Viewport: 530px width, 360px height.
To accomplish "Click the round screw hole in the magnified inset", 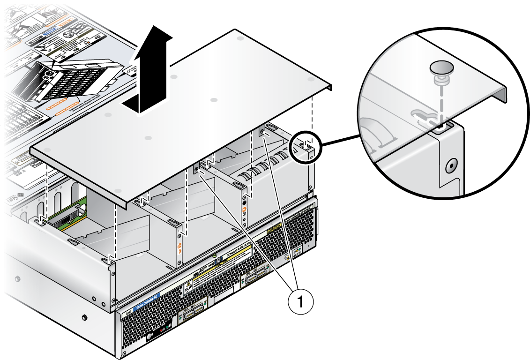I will pyautogui.click(x=451, y=165).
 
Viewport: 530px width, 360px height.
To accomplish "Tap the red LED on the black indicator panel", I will pyautogui.click(x=162, y=331).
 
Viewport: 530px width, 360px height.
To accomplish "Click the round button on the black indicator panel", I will pyautogui.click(x=151, y=337).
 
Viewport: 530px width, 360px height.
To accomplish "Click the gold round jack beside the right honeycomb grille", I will pyautogui.click(x=286, y=258).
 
